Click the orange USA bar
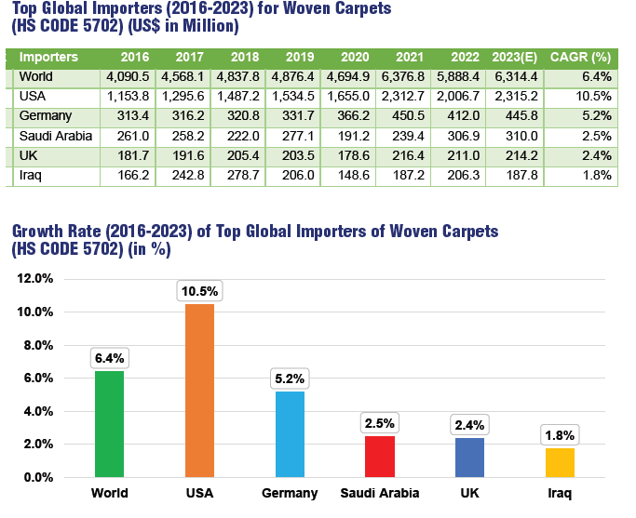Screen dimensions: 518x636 (200, 391)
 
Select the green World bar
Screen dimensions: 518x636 (109, 424)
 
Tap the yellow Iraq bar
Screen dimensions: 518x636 (560, 462)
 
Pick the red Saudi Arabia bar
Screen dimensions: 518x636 (380, 457)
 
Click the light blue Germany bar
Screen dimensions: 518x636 (291, 434)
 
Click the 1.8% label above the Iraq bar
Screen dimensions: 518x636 (561, 434)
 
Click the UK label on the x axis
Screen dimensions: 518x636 (469, 493)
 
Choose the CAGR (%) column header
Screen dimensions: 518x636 (580, 56)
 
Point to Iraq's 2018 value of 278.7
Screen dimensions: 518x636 (239, 175)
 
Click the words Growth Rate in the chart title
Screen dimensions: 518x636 (56, 231)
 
